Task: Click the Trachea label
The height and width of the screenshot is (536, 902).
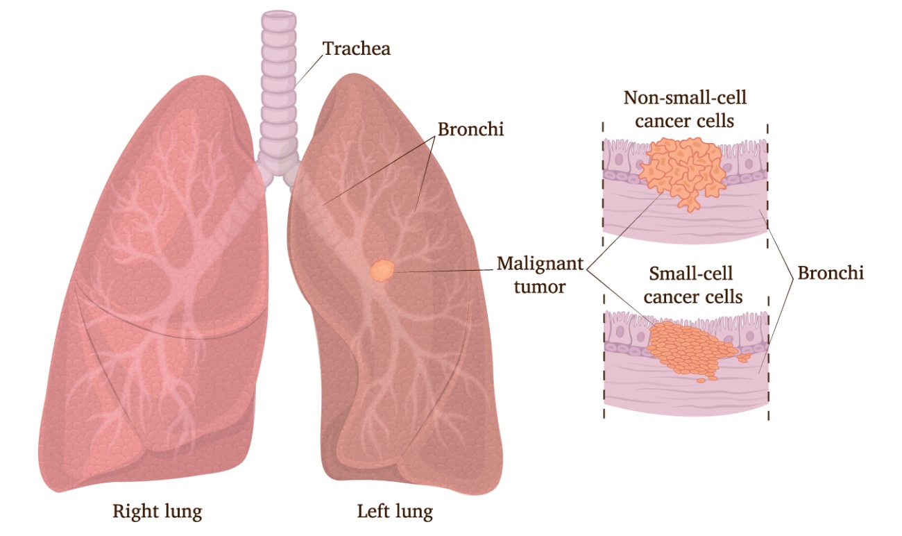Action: (357, 49)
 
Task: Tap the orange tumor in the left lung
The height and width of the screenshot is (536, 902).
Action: (382, 270)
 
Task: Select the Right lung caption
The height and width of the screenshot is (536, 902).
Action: (157, 512)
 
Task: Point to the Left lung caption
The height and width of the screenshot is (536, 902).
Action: (395, 512)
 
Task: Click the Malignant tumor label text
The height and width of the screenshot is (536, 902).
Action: (540, 275)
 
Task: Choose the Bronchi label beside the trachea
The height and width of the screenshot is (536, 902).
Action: (470, 129)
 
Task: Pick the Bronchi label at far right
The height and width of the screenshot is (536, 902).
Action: (831, 273)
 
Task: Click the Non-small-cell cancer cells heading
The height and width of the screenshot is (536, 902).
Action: (685, 109)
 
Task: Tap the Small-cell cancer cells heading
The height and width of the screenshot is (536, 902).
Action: (692, 285)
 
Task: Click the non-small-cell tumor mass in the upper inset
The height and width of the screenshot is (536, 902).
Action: (683, 171)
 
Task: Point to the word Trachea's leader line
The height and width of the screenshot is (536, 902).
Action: (309, 69)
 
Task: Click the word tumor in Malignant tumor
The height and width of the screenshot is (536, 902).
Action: (540, 287)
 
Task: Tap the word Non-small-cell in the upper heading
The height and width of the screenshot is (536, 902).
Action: (685, 97)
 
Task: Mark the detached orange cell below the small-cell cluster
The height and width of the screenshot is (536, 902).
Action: (701, 380)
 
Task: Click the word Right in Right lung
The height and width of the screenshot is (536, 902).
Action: (135, 512)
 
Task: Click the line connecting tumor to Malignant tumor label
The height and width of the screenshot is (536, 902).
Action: (444, 271)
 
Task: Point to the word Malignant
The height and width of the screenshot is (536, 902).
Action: (540, 265)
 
